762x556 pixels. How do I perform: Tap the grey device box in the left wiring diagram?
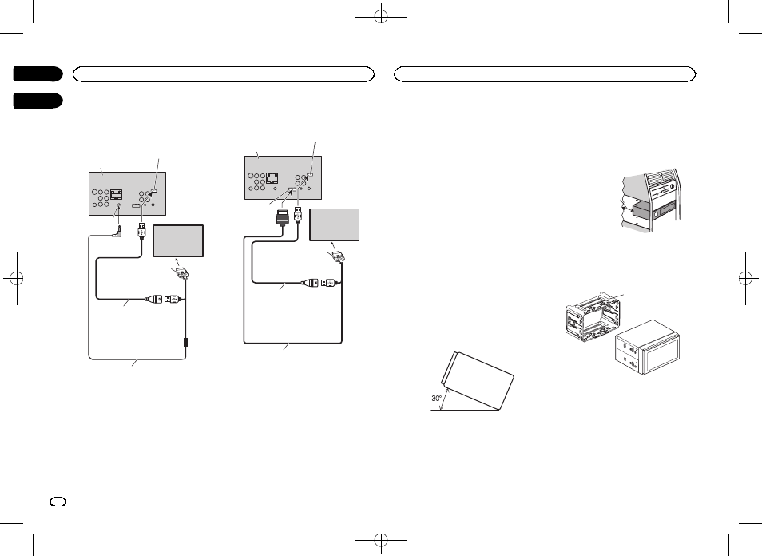pos(178,241)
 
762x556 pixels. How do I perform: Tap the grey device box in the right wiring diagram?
pos(335,224)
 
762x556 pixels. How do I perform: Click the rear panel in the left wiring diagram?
pos(127,193)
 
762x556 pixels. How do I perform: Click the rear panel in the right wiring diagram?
pos(282,177)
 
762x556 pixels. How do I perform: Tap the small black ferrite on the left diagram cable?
pos(185,341)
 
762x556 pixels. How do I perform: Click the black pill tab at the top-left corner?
pos(38,74)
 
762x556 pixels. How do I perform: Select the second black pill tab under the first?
pos(38,101)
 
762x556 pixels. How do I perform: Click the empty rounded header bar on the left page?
pos(223,74)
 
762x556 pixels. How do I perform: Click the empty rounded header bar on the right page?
pos(546,74)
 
